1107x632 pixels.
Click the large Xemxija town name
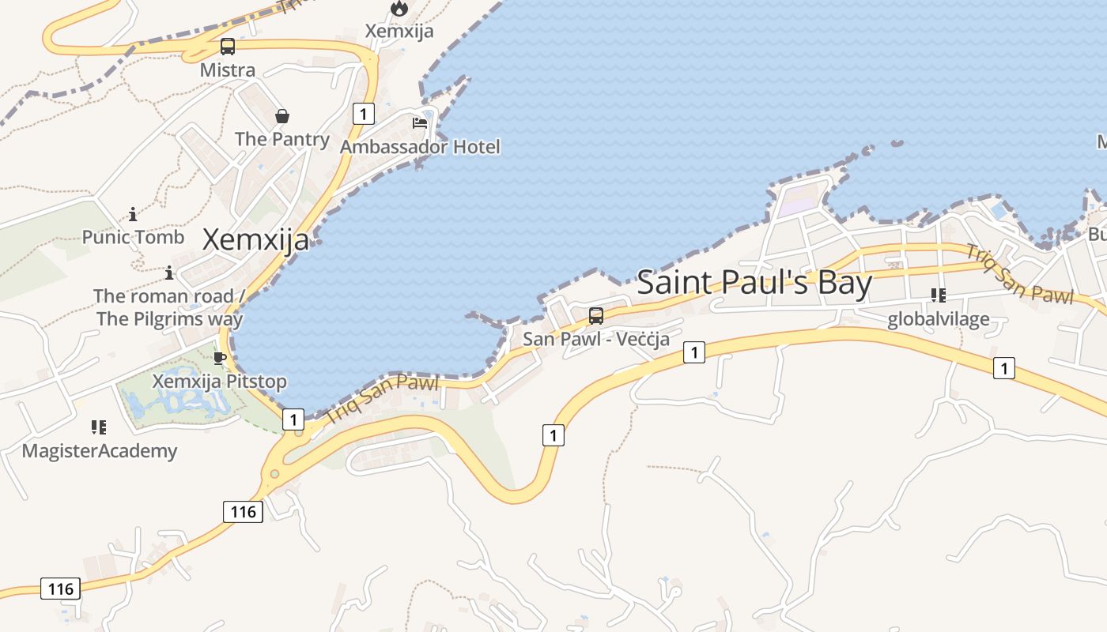(255, 239)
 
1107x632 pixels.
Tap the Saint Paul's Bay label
(754, 283)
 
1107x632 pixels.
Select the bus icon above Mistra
(228, 47)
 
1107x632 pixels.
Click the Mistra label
(228, 70)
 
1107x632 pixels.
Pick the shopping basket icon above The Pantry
(282, 117)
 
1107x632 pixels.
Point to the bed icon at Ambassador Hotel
(420, 123)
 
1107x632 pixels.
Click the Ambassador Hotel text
(420, 147)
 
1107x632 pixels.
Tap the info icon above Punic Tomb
(133, 214)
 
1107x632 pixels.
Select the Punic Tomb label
(133, 237)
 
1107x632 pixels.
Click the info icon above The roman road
(169, 273)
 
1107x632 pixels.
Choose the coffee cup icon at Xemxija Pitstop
(220, 359)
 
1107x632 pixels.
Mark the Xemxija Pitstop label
(220, 382)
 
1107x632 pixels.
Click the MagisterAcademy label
(99, 451)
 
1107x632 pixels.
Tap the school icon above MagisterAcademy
(99, 427)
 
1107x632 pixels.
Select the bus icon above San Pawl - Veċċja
(596, 316)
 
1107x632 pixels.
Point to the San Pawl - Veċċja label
(596, 340)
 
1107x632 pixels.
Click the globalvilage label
(939, 319)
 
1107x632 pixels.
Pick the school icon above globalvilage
(939, 295)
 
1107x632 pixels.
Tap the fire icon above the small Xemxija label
(399, 9)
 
